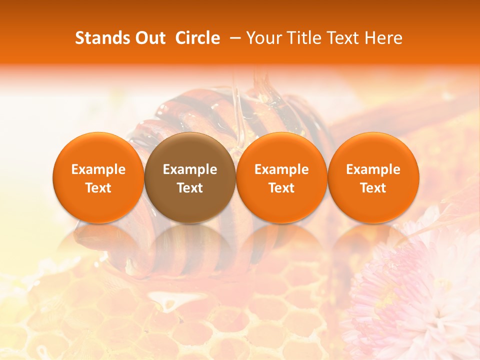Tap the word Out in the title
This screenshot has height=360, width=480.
[x=150, y=38]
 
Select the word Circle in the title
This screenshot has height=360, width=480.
[x=197, y=38]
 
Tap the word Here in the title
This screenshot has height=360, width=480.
[x=385, y=38]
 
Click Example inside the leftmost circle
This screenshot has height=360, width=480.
[x=98, y=169]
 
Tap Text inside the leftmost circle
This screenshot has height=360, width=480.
[x=98, y=188]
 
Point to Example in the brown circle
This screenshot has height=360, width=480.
[x=190, y=169]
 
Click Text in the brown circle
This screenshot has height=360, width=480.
[x=190, y=188]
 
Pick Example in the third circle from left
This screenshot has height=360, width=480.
[x=281, y=169]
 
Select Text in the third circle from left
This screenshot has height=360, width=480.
[x=281, y=188]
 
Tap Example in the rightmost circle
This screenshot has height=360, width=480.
[x=373, y=169]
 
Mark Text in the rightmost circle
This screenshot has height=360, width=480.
[x=373, y=188]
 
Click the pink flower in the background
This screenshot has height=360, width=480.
[x=415, y=295]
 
